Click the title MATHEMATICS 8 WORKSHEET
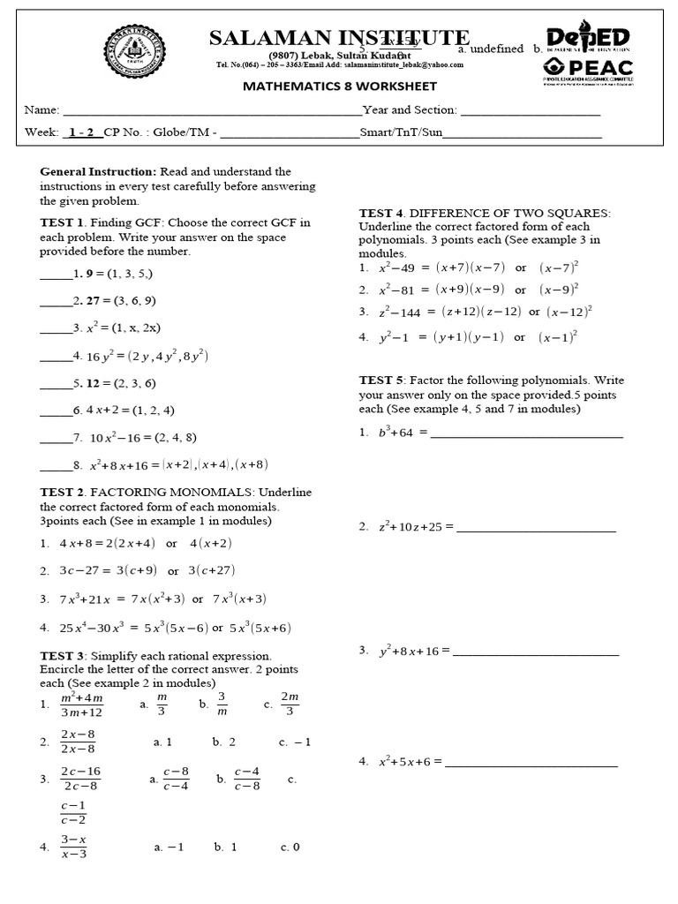click(339, 87)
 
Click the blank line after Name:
click(210, 111)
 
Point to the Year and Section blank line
click(530, 111)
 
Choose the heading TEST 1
click(62, 222)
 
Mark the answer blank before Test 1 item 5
click(55, 384)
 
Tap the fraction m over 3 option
click(161, 704)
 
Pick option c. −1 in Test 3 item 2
click(295, 742)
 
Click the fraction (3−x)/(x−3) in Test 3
click(74, 846)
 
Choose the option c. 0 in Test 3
click(290, 847)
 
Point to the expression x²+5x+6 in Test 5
click(405, 761)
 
